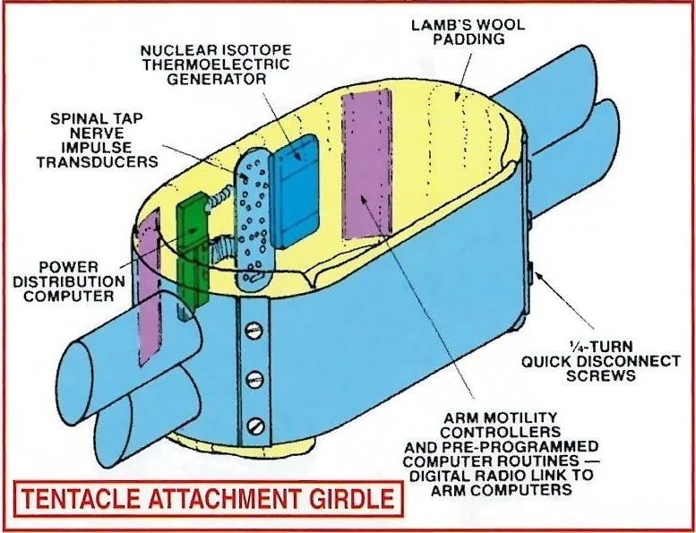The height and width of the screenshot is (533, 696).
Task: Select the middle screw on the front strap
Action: (x=255, y=376)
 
